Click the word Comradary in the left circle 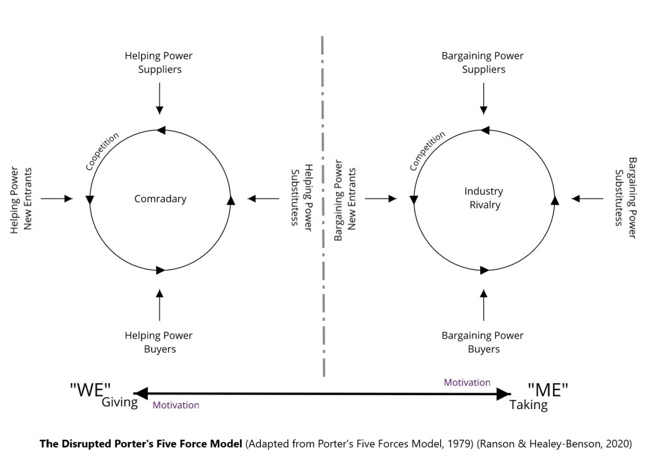tap(160, 199)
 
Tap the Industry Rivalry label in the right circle tap(483, 198)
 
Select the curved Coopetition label tap(102, 151)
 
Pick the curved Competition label tap(426, 151)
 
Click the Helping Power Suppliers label tap(160, 62)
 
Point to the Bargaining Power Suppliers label tap(483, 62)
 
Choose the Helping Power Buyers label tap(159, 342)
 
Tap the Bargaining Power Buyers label tap(483, 342)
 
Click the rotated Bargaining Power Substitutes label tap(626, 198)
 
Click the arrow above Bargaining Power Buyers tap(484, 305)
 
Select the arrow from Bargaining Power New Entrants tap(381, 199)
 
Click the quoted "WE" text tap(90, 390)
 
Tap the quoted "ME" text tap(548, 390)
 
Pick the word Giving tap(119, 402)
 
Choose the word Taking tap(528, 405)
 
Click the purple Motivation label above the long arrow tap(467, 383)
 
